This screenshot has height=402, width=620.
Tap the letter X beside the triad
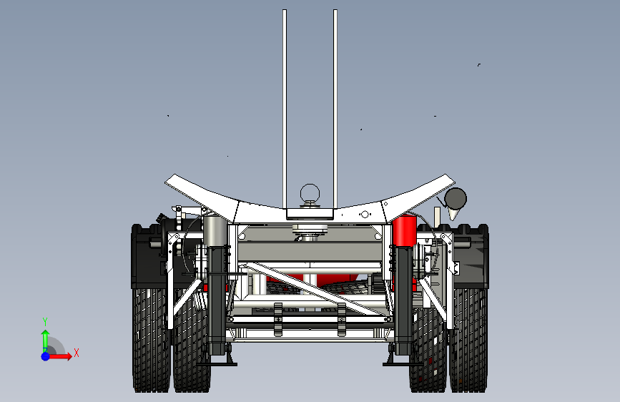point(76,353)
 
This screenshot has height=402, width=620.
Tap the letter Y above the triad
point(44,321)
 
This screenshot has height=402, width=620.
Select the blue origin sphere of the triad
point(45,356)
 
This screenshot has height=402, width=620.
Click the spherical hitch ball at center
point(310,192)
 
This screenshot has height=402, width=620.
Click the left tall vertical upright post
point(285,107)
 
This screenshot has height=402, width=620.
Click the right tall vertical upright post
point(334,107)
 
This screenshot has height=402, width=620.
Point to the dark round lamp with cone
point(455,197)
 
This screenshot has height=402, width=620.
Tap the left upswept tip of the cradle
point(175,182)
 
